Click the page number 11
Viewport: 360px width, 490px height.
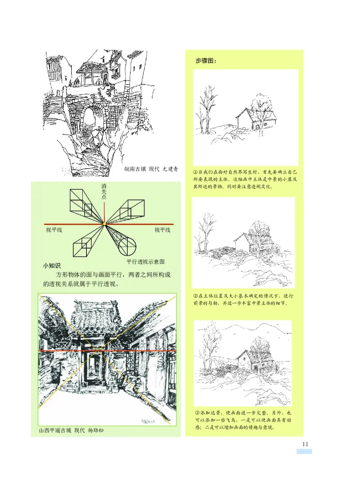point(305,444)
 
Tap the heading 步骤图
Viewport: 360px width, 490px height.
point(206,61)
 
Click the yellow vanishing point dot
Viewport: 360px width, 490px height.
point(104,223)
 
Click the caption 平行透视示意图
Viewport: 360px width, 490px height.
point(145,261)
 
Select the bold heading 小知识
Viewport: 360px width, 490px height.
point(52,266)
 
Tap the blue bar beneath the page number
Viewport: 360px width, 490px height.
point(304,451)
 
